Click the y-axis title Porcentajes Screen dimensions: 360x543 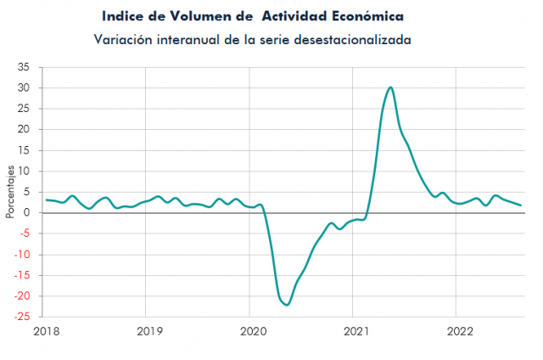coord(9,193)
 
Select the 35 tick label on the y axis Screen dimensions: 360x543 coord(24,67)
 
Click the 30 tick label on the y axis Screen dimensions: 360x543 coord(24,88)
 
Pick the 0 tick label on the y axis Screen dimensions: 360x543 coord(27,213)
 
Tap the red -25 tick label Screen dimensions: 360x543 coord(21,318)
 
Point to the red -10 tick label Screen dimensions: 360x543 coord(21,255)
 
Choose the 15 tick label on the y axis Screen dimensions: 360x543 coord(24,150)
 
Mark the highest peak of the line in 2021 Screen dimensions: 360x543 coord(390,87)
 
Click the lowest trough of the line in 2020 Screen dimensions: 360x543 coord(287,304)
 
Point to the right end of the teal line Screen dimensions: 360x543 coord(520,205)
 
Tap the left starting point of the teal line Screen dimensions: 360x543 coord(46,200)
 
